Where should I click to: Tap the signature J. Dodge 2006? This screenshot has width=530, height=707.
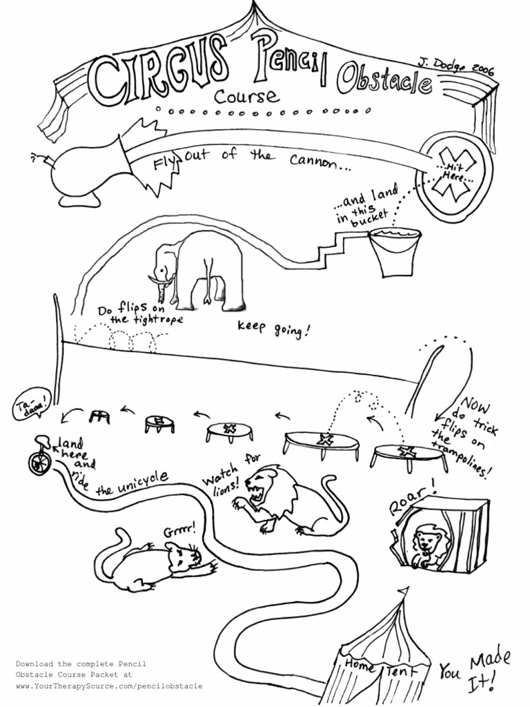456,66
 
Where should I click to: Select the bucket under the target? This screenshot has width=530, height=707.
393,252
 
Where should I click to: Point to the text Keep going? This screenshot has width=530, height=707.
273,329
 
